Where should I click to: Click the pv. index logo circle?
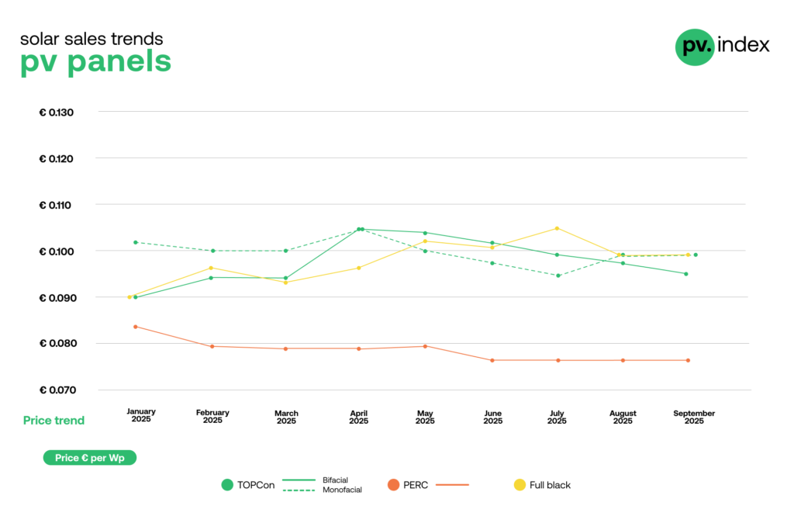click(x=694, y=47)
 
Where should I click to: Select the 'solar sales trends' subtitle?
click(x=91, y=38)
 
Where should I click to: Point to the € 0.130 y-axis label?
click(x=56, y=113)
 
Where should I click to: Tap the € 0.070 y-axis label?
click(x=56, y=390)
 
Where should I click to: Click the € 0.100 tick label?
click(x=56, y=251)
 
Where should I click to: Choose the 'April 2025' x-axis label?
click(x=358, y=417)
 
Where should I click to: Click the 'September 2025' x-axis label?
click(x=694, y=417)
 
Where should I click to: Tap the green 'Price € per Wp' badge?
click(x=90, y=458)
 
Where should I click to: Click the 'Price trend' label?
click(x=54, y=421)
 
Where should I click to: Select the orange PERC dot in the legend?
click(x=394, y=485)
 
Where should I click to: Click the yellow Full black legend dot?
click(x=520, y=485)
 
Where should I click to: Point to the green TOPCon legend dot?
click(x=227, y=485)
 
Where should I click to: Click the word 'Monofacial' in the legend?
click(x=342, y=490)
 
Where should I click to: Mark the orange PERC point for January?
click(x=136, y=327)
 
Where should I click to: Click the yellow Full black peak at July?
click(x=557, y=228)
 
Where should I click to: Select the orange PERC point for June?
click(x=492, y=360)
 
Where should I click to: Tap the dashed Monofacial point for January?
click(x=136, y=242)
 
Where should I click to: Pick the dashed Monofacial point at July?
click(x=557, y=276)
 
